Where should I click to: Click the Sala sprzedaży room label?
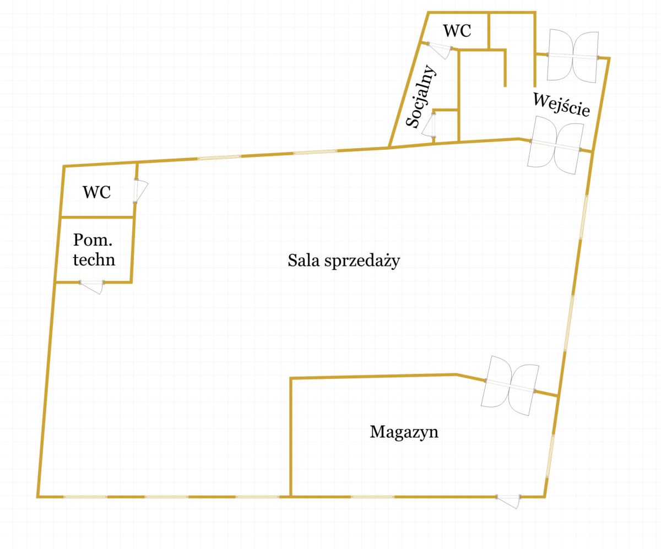coord(343,261)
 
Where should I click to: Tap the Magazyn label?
coord(404,432)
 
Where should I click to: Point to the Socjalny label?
coord(421,96)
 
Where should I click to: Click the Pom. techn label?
coord(94,249)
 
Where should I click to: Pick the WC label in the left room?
coord(96,193)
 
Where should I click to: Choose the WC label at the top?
coord(457,31)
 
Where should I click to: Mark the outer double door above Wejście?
coord(572,56)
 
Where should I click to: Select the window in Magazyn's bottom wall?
coord(372,497)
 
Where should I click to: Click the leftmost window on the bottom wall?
coord(85,497)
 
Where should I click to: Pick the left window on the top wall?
coord(219,157)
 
